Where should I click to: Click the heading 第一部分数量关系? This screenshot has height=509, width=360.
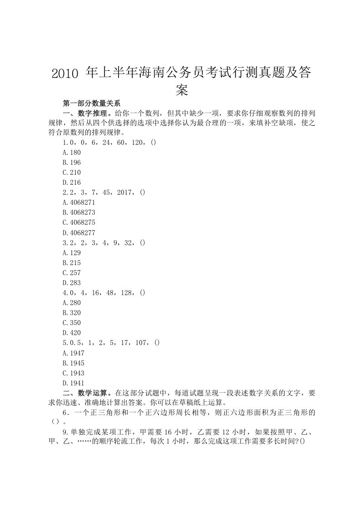coord(91,103)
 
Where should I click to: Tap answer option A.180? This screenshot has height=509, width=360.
coord(72,153)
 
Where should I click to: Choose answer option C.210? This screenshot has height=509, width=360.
coord(72,173)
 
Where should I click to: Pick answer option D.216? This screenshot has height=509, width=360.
coord(72,183)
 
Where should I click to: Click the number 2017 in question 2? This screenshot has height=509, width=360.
coord(124,193)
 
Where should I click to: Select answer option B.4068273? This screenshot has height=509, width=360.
coord(79,212)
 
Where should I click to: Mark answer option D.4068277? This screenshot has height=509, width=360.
coord(79,232)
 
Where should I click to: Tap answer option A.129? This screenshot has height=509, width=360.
coord(72,253)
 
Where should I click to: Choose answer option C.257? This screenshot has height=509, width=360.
coord(72,273)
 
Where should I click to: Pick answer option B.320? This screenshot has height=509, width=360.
coord(72,313)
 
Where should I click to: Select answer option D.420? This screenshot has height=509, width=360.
coord(72,333)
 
